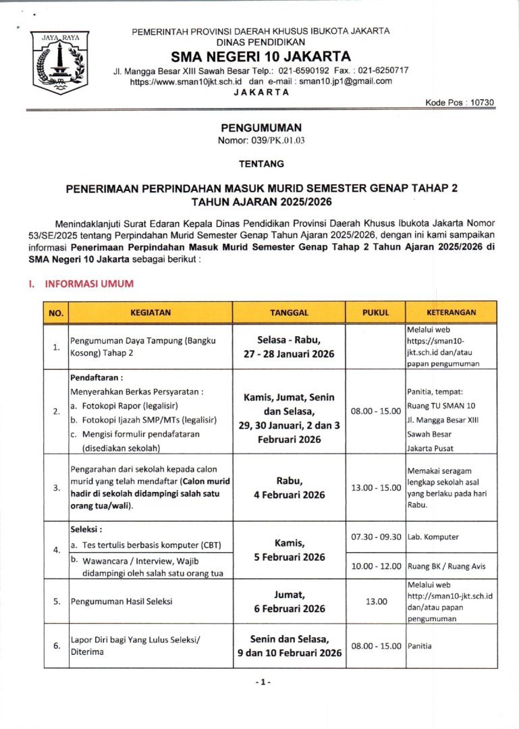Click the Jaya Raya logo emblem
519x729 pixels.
click(60, 61)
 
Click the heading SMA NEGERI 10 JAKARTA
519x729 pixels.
click(261, 56)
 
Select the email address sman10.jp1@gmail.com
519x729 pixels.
click(346, 81)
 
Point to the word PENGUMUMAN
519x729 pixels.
click(261, 127)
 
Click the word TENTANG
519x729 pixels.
click(261, 163)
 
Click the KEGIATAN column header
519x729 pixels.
click(151, 313)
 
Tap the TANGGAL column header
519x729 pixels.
click(289, 313)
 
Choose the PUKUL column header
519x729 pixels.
click(376, 313)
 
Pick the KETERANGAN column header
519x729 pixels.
click(451, 313)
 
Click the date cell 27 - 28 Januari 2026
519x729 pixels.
click(289, 354)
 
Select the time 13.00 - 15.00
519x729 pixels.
click(376, 487)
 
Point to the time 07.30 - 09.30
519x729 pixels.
click(376, 537)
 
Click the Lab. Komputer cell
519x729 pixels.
click(433, 537)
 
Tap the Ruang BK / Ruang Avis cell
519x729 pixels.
click(446, 566)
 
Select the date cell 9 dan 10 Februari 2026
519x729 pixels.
click(289, 653)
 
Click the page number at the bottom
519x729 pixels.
click(263, 682)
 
